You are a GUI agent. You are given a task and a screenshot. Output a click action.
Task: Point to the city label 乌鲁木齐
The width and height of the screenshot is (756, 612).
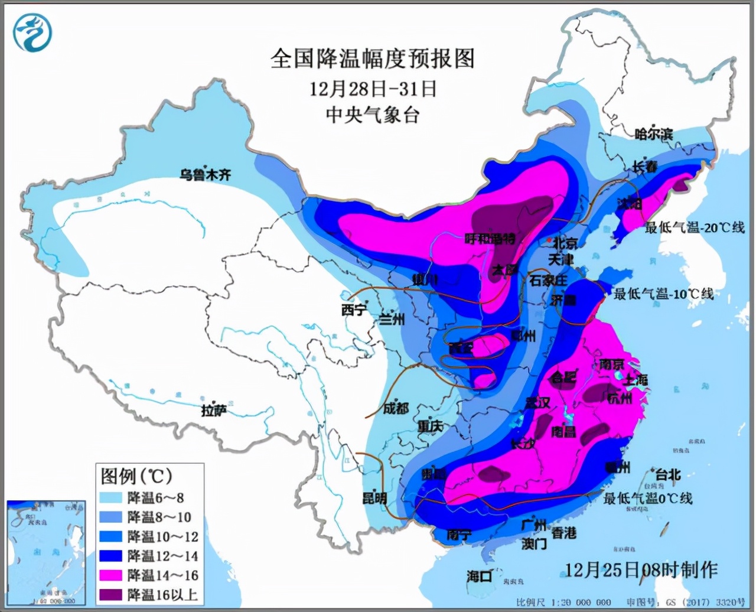(206, 174)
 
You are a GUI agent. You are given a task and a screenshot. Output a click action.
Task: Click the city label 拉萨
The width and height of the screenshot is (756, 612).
(214, 410)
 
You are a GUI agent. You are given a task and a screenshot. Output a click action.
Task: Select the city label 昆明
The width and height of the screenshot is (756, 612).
(374, 497)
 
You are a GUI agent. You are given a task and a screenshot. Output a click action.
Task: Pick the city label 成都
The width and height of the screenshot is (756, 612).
(395, 408)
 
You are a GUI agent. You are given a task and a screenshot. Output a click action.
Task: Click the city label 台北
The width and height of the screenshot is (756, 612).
(667, 474)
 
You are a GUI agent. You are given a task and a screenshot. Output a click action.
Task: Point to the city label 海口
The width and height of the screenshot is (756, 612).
(479, 575)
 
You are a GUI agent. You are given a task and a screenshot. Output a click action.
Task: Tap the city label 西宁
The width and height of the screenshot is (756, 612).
(354, 310)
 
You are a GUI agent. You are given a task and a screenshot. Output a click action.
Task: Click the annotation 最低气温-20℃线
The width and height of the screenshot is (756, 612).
(694, 227)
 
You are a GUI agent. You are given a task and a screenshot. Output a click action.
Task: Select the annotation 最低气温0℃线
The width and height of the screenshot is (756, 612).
(647, 498)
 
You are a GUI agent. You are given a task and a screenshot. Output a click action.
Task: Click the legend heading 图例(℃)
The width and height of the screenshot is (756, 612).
(136, 476)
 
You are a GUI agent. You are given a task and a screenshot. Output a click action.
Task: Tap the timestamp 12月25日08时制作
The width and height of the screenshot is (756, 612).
(641, 569)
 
